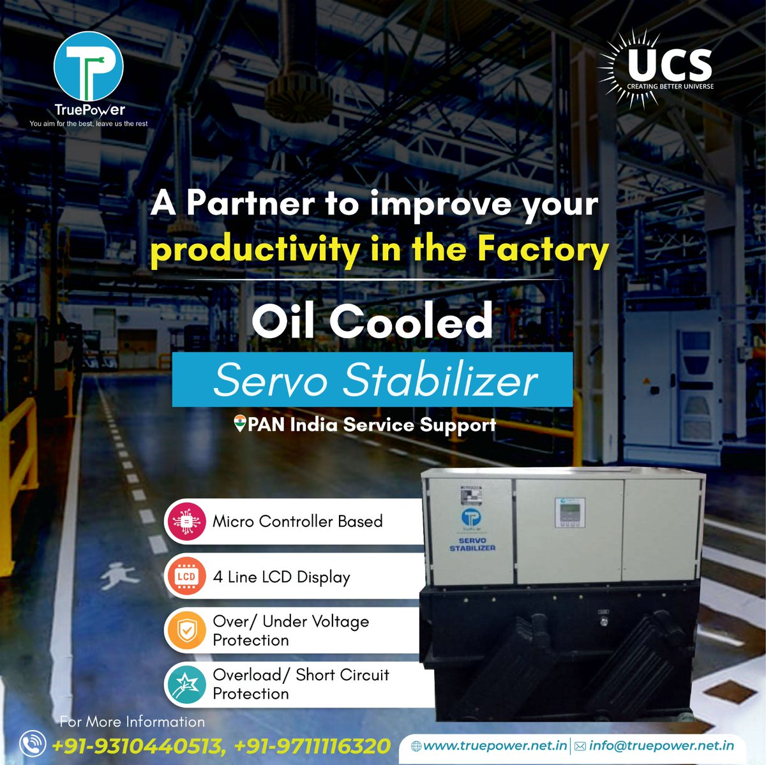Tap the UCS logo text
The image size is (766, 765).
tap(670, 64)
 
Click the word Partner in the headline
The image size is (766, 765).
tap(250, 204)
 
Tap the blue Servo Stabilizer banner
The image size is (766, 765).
tap(372, 379)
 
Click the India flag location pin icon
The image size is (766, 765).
tap(240, 424)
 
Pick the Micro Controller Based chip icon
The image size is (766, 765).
tap(186, 521)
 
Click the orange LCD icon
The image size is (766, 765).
tap(186, 576)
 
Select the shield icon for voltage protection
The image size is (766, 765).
tap(186, 630)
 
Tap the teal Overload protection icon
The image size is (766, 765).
tap(186, 685)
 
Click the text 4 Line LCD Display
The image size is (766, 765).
tap(282, 577)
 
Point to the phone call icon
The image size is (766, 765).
tap(33, 744)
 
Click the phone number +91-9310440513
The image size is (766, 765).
tap(138, 745)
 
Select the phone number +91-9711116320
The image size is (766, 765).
tap(312, 745)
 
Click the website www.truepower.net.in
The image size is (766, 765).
tap(495, 745)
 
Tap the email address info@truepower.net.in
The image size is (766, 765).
tap(661, 745)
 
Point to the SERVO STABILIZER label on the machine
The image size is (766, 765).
tap(472, 544)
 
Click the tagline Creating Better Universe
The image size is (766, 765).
tap(670, 86)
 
